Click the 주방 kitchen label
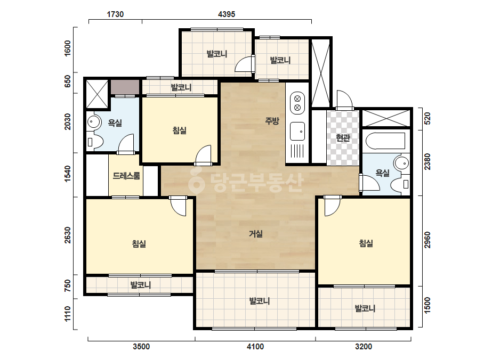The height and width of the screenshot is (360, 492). click(x=272, y=121)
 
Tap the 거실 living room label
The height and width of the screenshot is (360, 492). click(x=256, y=234)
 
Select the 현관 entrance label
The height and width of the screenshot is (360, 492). click(x=343, y=138)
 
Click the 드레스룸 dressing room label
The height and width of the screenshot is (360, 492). click(x=126, y=176)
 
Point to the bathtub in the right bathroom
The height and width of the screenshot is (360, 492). click(x=385, y=141)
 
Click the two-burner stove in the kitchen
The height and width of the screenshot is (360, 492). click(x=297, y=103)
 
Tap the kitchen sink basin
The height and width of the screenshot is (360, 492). click(x=297, y=131)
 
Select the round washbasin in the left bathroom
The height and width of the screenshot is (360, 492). click(x=93, y=121)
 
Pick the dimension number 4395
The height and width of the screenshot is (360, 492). click(x=227, y=14)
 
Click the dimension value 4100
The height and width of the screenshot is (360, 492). click(x=255, y=347)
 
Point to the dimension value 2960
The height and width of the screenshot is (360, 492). click(x=428, y=240)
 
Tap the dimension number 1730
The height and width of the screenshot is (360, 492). click(x=115, y=14)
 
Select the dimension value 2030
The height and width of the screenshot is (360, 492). click(x=68, y=121)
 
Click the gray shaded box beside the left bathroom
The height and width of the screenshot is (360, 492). click(x=125, y=87)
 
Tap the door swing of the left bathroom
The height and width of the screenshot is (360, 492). click(x=126, y=144)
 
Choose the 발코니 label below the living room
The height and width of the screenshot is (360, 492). click(x=260, y=301)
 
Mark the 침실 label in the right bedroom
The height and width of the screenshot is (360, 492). click(x=366, y=243)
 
